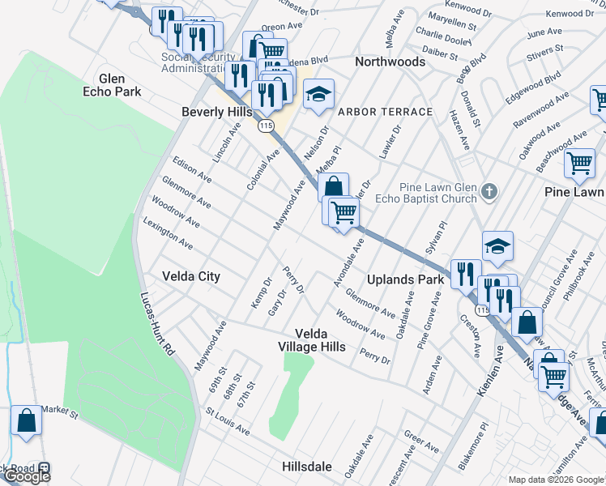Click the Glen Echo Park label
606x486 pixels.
tap(120, 85)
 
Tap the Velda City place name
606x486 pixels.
tap(190, 276)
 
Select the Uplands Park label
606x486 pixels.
tap(406, 279)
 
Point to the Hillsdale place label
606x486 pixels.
tap(307, 467)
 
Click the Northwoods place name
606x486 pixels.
tap(390, 62)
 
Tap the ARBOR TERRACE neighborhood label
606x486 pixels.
tap(385, 111)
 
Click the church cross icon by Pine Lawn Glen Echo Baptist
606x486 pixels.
tap(488, 192)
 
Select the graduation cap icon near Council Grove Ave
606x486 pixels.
tap(498, 246)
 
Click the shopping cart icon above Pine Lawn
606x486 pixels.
tap(580, 163)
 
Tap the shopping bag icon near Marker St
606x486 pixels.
tap(26, 421)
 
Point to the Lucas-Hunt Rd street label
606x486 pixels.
tap(158, 324)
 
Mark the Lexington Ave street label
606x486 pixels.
tap(169, 232)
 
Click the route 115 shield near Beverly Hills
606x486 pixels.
tap(266, 126)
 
